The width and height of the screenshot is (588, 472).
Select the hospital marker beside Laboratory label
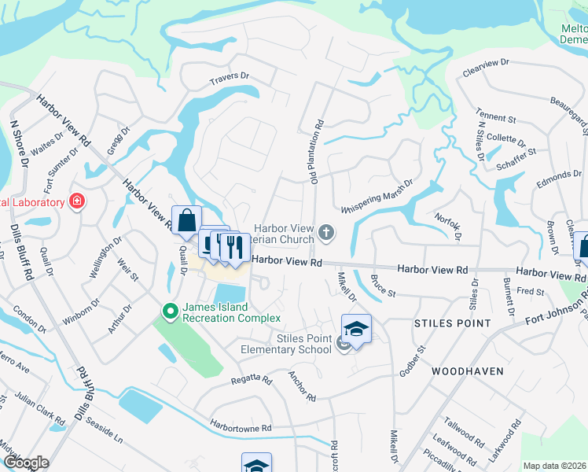(x=77, y=202)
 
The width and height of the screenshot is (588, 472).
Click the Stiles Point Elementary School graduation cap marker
(x=356, y=330)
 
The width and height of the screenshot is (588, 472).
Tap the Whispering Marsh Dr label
(x=377, y=197)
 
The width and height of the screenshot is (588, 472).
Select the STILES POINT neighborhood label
(x=452, y=323)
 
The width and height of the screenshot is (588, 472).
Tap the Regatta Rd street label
(x=251, y=379)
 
